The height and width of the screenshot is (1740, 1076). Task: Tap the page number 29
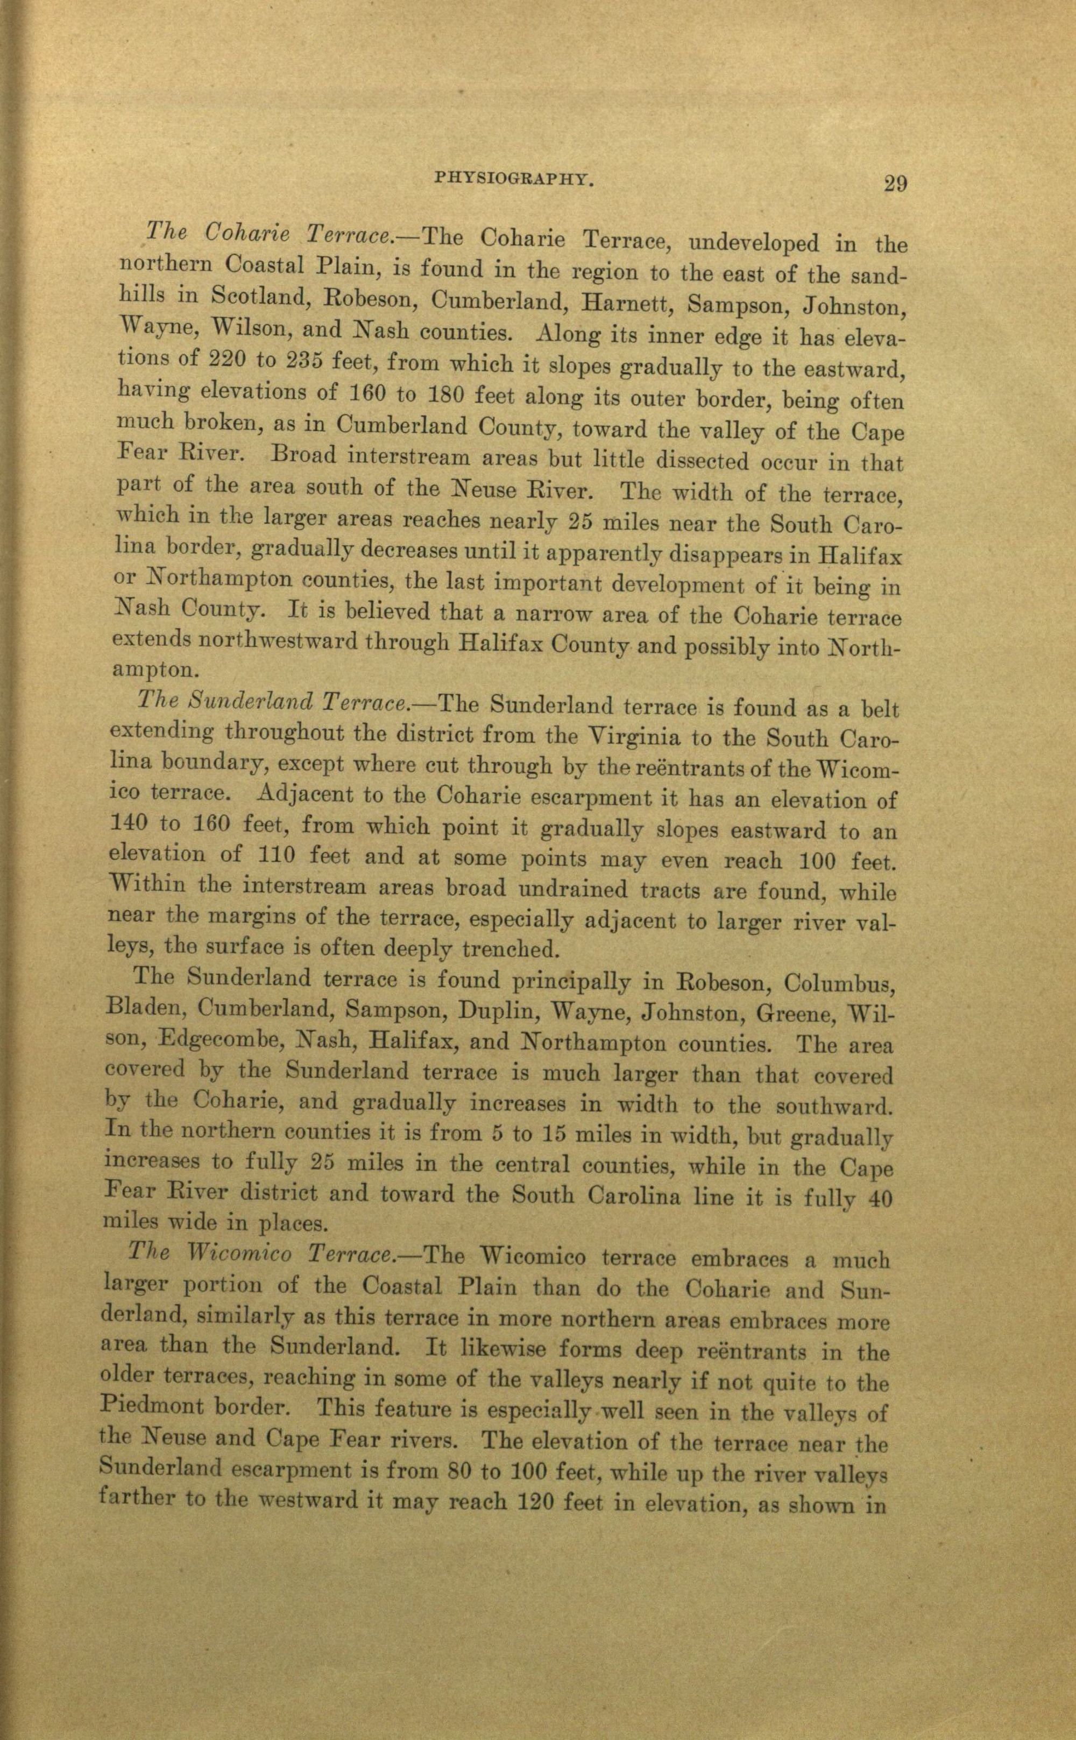pyautogui.click(x=895, y=185)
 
